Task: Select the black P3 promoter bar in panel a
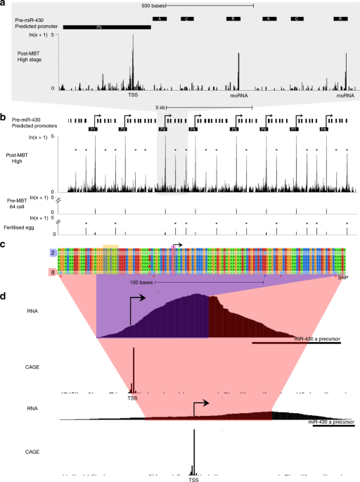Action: pyautogui.click(x=106, y=27)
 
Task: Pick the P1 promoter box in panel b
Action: pyautogui.click(x=93, y=130)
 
